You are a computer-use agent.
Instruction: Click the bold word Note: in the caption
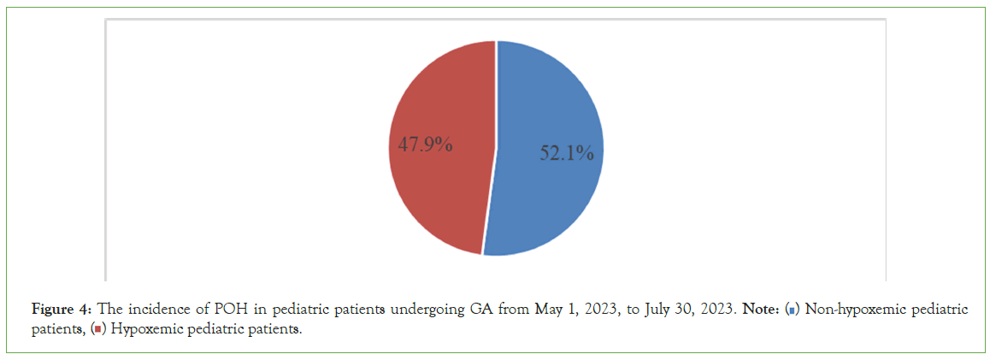(759, 309)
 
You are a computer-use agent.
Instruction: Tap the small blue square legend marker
(793, 310)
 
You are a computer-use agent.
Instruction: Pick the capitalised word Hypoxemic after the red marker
(136, 329)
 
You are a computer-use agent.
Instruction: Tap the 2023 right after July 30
(716, 309)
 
